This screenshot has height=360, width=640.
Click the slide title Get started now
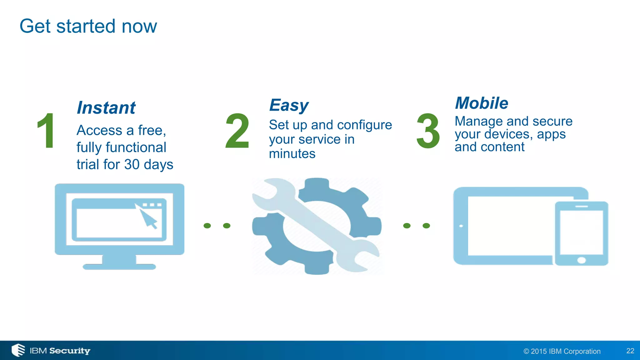(88, 26)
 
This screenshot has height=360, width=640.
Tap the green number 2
(237, 131)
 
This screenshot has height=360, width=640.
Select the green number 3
(428, 131)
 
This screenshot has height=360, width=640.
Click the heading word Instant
(106, 108)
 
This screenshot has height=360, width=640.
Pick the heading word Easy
(289, 106)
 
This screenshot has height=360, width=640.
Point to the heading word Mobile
(482, 103)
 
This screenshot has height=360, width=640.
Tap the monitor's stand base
(119, 267)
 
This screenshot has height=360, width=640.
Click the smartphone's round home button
(581, 260)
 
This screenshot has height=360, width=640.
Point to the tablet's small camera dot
(461, 226)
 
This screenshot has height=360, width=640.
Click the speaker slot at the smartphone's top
(581, 207)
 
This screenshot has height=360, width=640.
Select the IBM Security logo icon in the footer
(18, 350)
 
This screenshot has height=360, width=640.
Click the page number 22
(630, 351)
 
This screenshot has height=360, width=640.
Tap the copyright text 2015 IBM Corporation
(562, 351)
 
